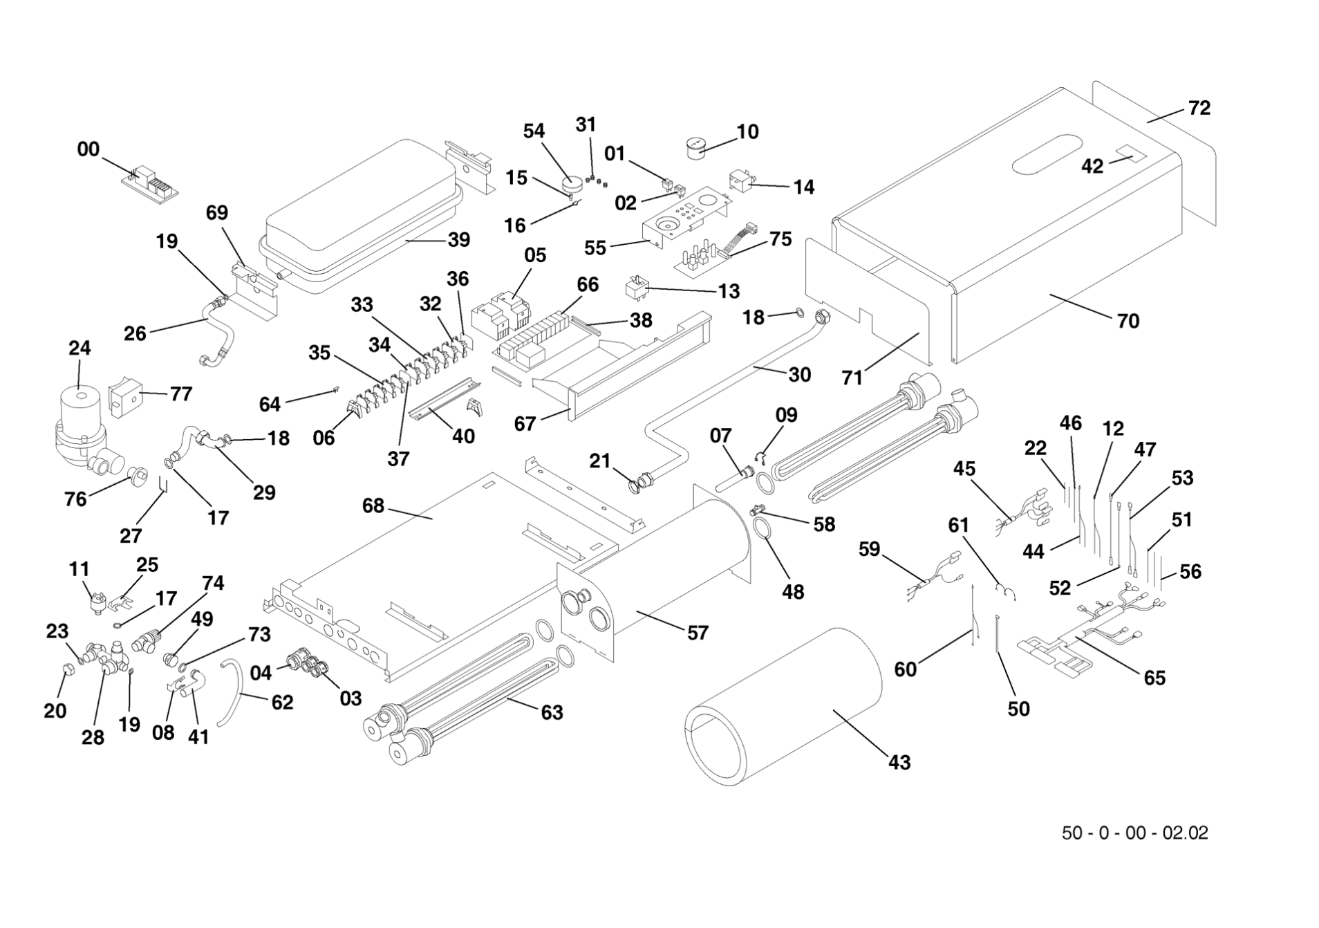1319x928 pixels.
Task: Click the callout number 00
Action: [88, 149]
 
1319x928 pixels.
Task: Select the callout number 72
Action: [1199, 108]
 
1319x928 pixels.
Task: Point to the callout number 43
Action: [899, 762]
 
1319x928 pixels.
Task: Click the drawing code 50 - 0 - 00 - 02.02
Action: [1134, 833]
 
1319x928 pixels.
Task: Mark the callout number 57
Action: [698, 633]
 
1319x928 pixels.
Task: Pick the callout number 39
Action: [459, 239]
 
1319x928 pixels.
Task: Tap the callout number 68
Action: [373, 505]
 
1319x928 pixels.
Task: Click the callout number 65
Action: [1154, 678]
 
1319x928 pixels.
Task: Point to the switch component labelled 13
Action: [637, 288]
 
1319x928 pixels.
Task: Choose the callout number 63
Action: [552, 712]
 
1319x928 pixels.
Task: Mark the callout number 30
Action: [799, 374]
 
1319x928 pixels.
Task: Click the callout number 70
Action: [1128, 321]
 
